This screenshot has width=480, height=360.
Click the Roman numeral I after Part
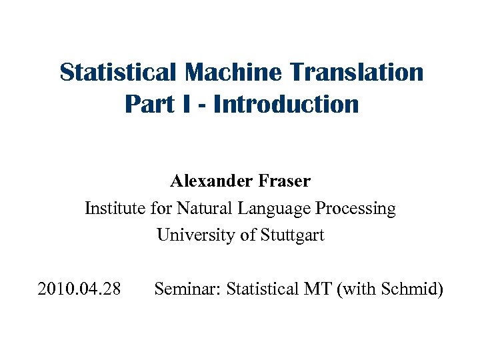(181, 104)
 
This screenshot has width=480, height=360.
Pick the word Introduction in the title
(286, 104)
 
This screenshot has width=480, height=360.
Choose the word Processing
(355, 209)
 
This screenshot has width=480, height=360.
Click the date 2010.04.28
(79, 289)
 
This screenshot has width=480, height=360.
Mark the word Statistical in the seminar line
(263, 289)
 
